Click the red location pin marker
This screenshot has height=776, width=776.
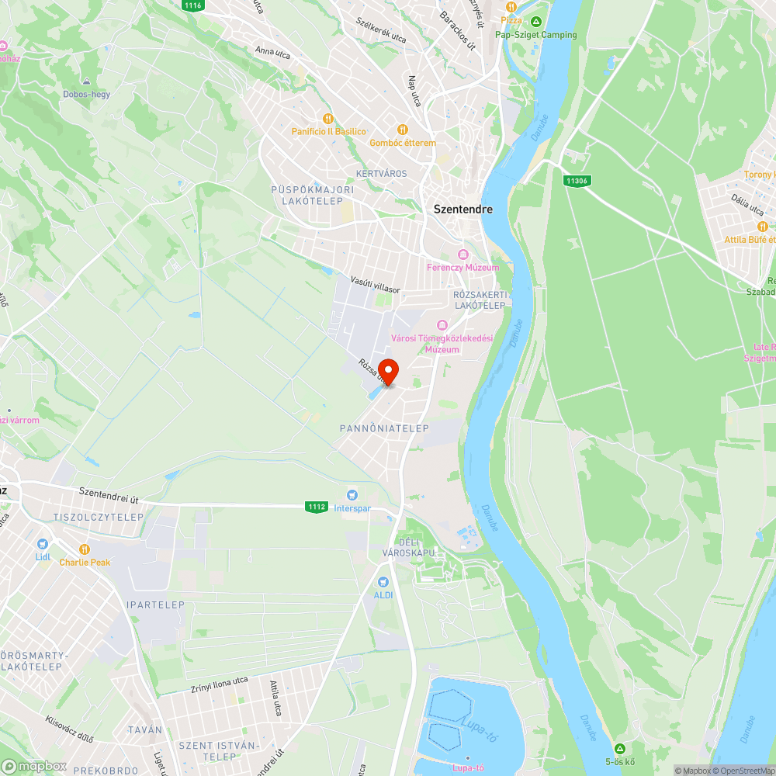pyautogui.click(x=387, y=371)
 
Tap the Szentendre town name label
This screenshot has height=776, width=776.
pyautogui.click(x=462, y=209)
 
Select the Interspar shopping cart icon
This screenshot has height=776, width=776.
pyautogui.click(x=352, y=494)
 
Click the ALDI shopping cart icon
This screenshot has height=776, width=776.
pyautogui.click(x=383, y=581)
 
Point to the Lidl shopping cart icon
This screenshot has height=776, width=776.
pyautogui.click(x=42, y=544)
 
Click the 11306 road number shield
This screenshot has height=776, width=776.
pyautogui.click(x=575, y=181)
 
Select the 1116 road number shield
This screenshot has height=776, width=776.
pyautogui.click(x=193, y=5)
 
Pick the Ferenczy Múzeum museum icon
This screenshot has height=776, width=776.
pyautogui.click(x=463, y=255)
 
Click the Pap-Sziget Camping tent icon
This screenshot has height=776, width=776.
pyautogui.click(x=536, y=21)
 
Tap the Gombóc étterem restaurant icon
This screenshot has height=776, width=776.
pyautogui.click(x=402, y=130)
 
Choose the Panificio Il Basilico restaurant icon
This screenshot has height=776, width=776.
pyautogui.click(x=328, y=118)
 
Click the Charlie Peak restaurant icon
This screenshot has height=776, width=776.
pyautogui.click(x=85, y=549)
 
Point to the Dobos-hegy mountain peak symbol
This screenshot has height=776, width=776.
pyautogui.click(x=86, y=81)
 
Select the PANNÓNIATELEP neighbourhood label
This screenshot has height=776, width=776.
pyautogui.click(x=384, y=428)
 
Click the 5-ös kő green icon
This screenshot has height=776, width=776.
pyautogui.click(x=619, y=748)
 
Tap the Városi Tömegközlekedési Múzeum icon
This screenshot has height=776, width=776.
pyautogui.click(x=442, y=324)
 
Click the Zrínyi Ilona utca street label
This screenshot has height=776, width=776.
pyautogui.click(x=220, y=684)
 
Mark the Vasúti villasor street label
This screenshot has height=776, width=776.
pyautogui.click(x=375, y=283)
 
